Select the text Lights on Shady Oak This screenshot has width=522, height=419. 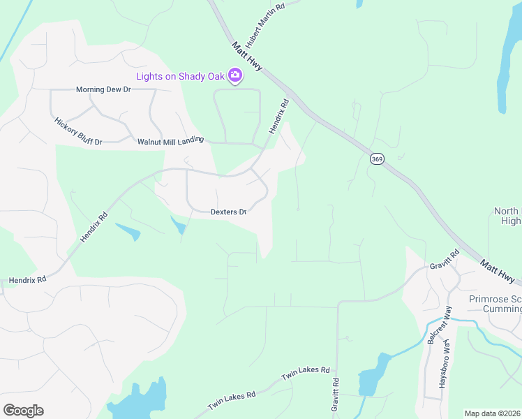point(180,76)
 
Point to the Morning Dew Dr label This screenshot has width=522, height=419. point(103,90)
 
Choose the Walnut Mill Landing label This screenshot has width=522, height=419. point(170,140)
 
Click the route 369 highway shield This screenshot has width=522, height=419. point(377,159)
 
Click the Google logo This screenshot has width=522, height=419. point(23,411)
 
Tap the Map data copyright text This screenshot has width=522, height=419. point(493,413)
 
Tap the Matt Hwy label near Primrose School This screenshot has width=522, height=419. point(498,271)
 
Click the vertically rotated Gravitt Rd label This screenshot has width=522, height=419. point(335,395)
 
